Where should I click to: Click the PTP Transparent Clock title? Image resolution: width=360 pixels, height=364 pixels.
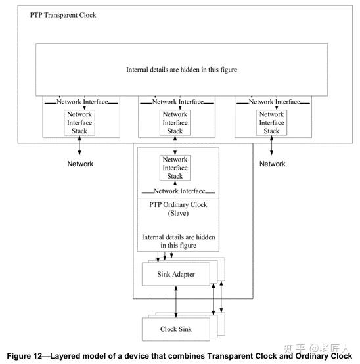click(x=63, y=15)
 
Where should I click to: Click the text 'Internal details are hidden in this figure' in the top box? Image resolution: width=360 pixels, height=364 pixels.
click(x=181, y=69)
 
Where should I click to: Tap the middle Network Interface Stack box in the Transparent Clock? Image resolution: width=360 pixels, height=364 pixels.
click(x=175, y=123)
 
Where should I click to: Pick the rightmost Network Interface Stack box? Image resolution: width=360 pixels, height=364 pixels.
click(x=271, y=123)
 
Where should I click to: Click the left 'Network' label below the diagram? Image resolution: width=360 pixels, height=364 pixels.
click(x=80, y=164)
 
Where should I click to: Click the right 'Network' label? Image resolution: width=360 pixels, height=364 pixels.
click(x=272, y=164)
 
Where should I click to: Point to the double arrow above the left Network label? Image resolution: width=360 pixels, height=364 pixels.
click(x=79, y=148)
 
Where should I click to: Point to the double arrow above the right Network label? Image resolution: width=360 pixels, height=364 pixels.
click(x=271, y=148)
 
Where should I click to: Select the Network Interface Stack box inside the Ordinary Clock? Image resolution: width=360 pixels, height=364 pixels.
click(x=175, y=168)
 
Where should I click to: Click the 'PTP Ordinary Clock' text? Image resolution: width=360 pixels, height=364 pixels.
click(x=178, y=204)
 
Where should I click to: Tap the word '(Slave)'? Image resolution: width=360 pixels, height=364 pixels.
click(x=178, y=214)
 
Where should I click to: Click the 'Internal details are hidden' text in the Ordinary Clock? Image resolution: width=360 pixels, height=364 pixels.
click(x=178, y=237)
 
